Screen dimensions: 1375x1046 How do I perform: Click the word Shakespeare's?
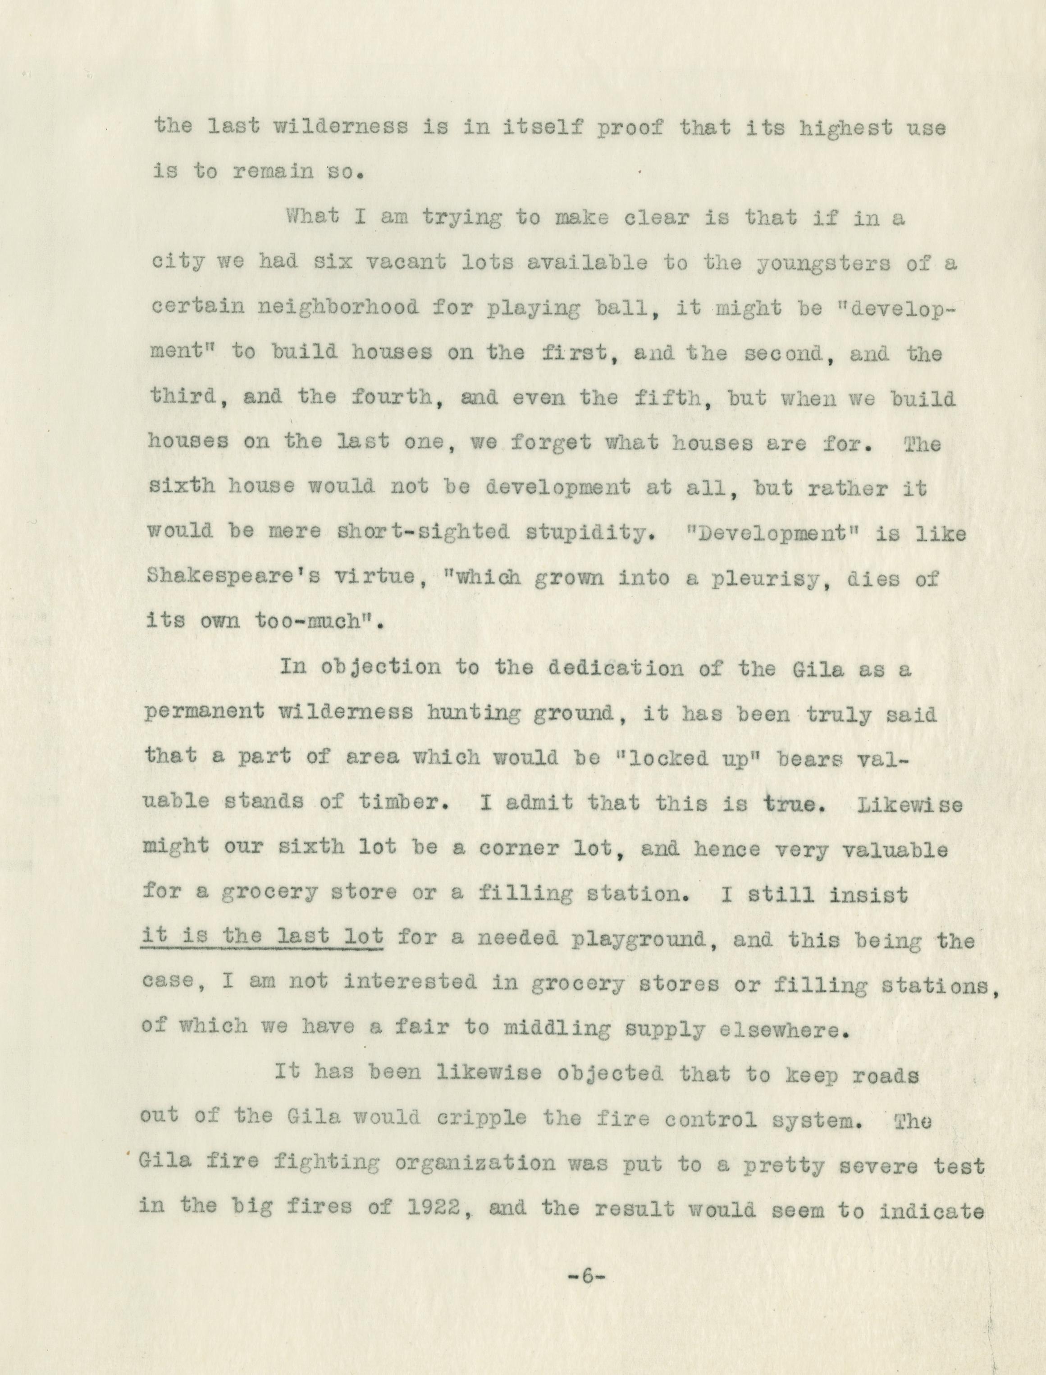pyautogui.click(x=233, y=576)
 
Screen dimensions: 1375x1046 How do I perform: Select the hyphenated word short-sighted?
pyautogui.click(x=423, y=532)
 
